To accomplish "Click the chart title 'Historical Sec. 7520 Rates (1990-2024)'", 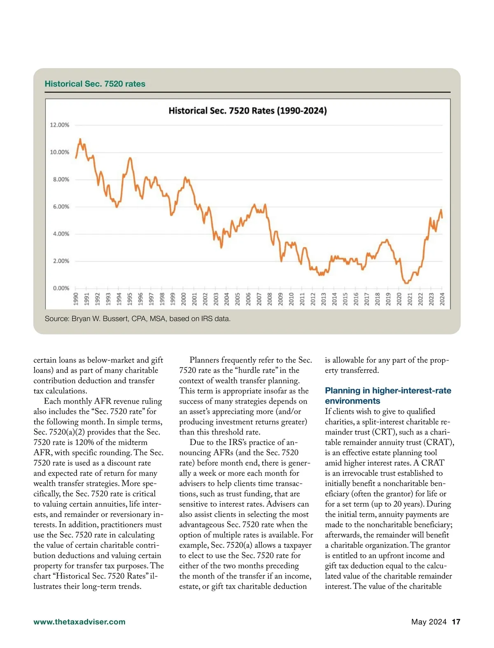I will (247, 111).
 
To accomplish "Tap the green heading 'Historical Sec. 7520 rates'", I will (95, 84).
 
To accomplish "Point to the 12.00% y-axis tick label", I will (60, 125).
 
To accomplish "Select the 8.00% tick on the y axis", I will (61, 179).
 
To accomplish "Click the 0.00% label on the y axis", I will (61, 288).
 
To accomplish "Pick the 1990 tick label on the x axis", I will (76, 299).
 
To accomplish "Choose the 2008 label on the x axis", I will (270, 299).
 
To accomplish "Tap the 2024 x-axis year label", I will (442, 299).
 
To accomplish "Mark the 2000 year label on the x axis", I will (184, 299).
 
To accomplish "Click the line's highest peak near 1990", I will (80, 139).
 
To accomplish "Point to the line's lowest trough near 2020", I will (406, 283).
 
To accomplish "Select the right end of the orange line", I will (442, 218).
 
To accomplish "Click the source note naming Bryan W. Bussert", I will (137, 319).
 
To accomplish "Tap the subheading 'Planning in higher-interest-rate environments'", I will (388, 396).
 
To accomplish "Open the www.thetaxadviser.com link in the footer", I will (79, 622).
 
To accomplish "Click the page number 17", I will (456, 622).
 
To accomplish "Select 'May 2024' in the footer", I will (429, 622).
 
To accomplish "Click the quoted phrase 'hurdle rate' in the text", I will (256, 370).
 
